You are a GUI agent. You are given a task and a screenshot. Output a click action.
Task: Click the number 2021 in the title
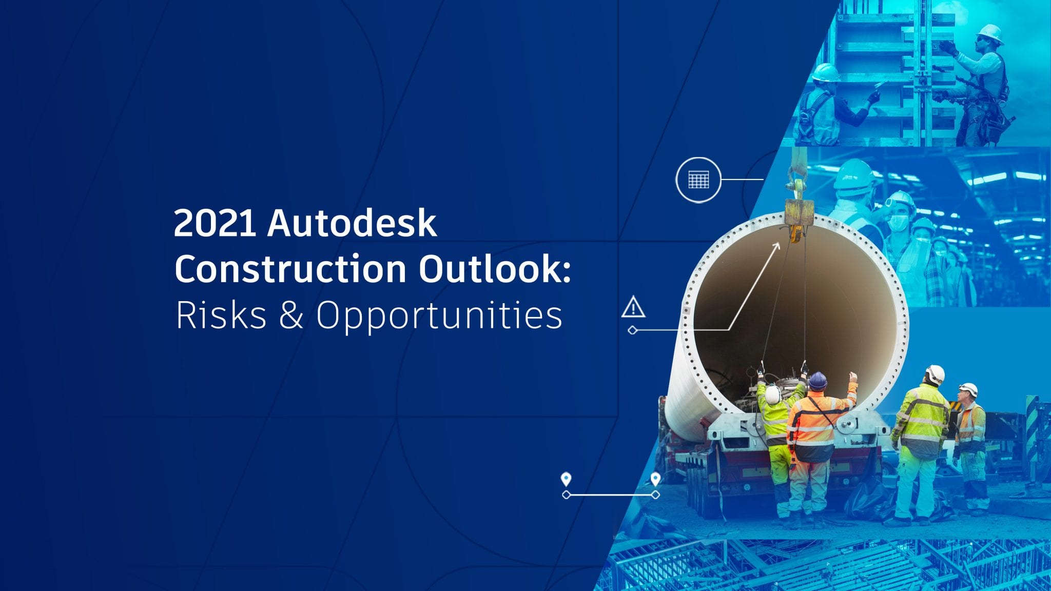215,223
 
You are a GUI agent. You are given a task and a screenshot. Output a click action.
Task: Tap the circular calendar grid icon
698,180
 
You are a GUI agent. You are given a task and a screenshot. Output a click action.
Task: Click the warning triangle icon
633,307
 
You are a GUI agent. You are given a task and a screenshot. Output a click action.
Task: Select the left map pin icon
566,479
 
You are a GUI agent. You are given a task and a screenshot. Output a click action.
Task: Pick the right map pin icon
655,479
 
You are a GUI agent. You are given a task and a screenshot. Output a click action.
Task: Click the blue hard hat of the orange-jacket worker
818,381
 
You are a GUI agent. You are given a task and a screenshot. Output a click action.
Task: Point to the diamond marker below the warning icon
633,330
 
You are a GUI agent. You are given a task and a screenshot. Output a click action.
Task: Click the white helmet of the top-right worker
990,33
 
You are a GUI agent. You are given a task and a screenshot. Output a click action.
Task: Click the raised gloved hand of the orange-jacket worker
852,378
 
